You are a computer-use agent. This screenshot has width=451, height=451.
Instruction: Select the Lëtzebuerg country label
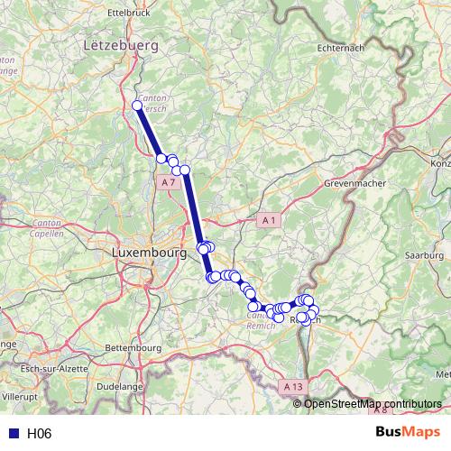tap(120, 44)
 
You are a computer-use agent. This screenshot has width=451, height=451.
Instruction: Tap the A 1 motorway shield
tap(268, 219)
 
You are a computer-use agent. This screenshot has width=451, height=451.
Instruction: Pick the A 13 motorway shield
tap(290, 386)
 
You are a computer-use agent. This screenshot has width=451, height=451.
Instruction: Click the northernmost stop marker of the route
tap(137, 106)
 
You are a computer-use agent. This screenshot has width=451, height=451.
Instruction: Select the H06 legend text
tap(39, 434)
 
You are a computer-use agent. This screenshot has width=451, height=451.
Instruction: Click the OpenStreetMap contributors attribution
tap(372, 403)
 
